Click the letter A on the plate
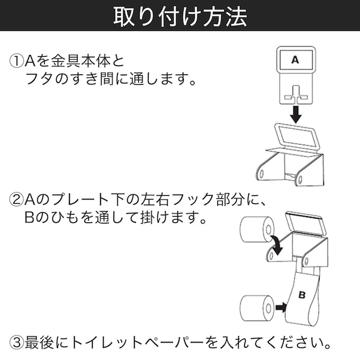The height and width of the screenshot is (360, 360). tap(294, 61)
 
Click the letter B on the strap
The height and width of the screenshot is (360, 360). tap(301, 294)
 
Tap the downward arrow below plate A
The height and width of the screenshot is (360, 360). tap(294, 113)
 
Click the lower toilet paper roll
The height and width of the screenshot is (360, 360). tap(256, 307)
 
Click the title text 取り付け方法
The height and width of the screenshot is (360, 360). tap(180, 16)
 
